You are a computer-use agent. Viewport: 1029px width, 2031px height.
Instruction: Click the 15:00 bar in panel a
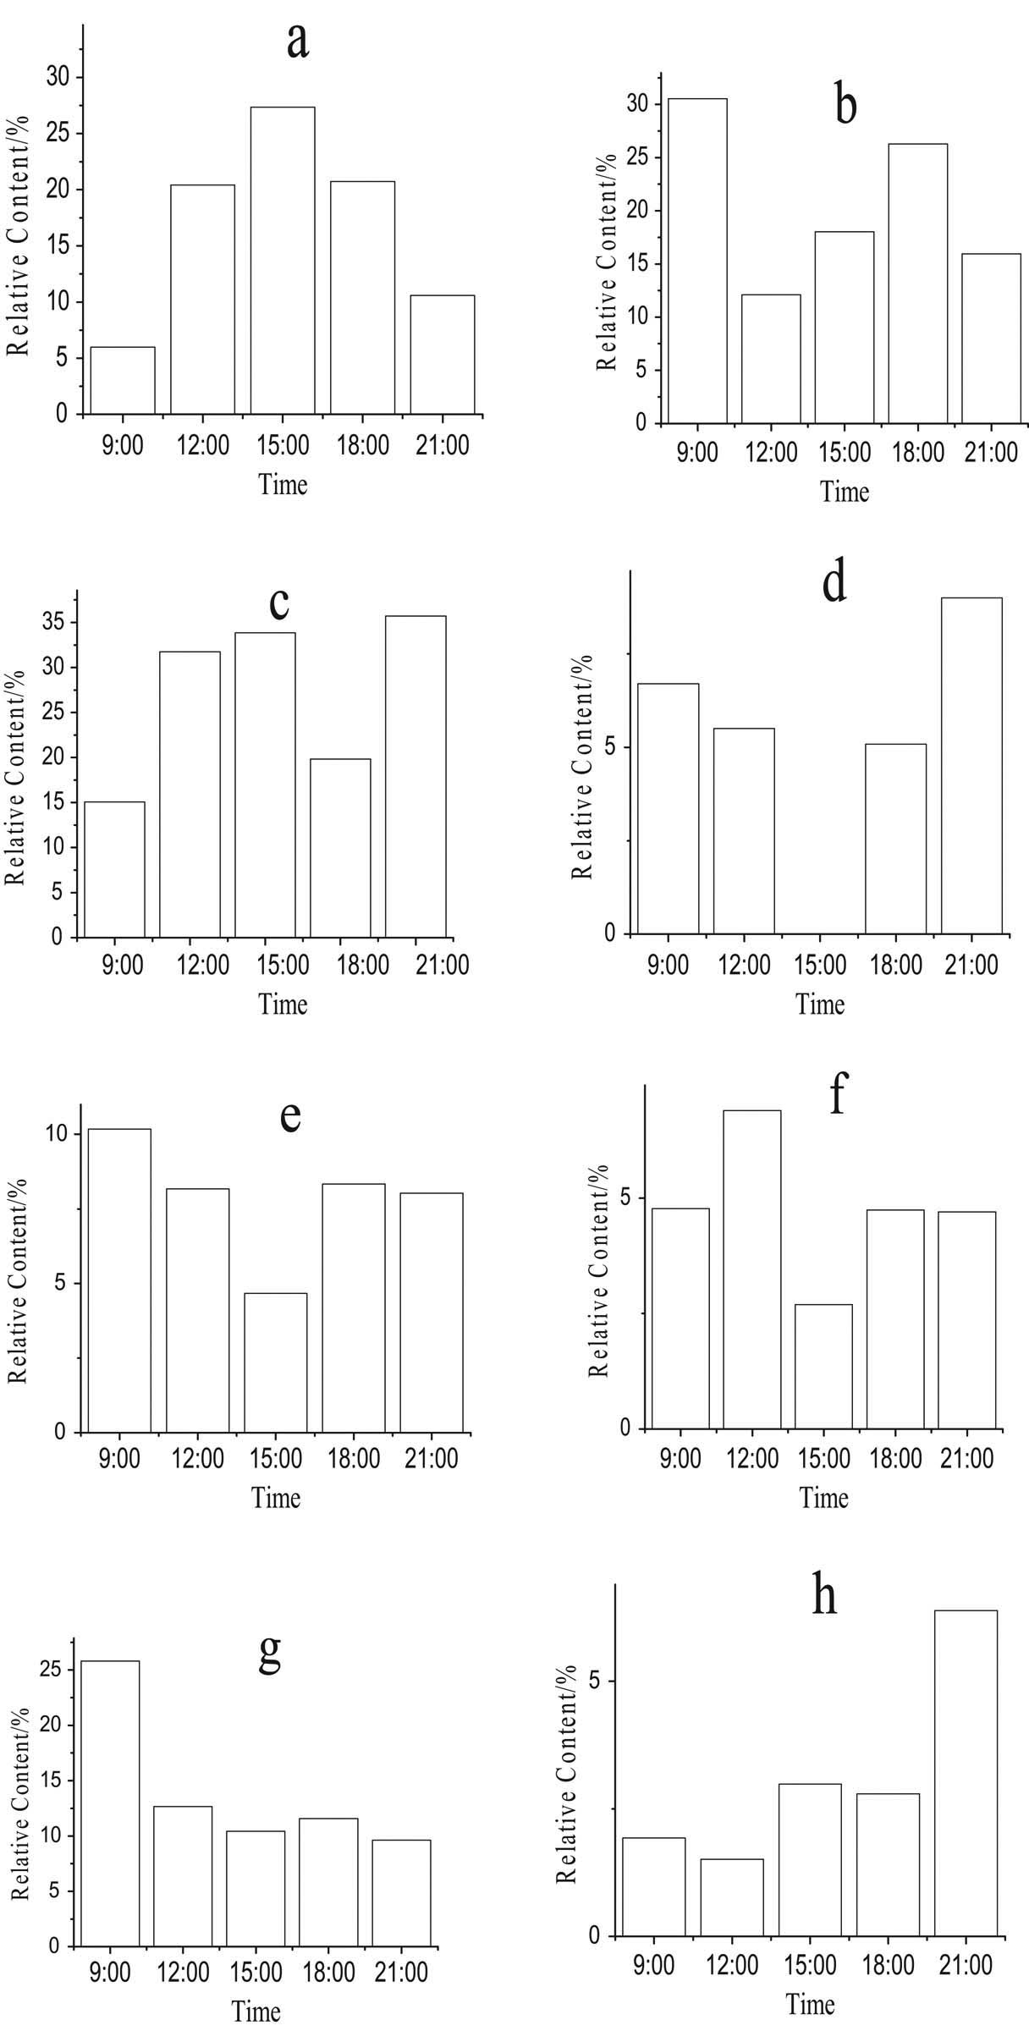tap(283, 261)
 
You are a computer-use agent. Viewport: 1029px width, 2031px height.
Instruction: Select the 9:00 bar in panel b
tap(697, 261)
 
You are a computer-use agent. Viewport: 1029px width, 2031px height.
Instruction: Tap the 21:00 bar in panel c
tap(415, 777)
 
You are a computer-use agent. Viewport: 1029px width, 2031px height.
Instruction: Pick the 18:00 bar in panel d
tap(895, 839)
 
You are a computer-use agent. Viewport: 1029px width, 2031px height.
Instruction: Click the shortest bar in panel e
tap(276, 1362)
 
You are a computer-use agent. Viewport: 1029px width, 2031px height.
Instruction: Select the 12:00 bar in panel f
tap(752, 1269)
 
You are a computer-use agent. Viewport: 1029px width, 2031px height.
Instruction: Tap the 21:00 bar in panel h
tap(966, 1770)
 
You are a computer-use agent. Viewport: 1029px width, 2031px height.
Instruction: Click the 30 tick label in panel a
tap(57, 78)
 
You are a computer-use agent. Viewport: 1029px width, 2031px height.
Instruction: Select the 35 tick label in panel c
tap(57, 623)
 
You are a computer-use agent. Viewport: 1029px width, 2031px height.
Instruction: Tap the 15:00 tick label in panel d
tap(819, 965)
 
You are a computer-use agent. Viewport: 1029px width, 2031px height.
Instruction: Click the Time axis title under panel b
tap(845, 492)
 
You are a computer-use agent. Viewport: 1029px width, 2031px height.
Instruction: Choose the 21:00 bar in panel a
tap(443, 355)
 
